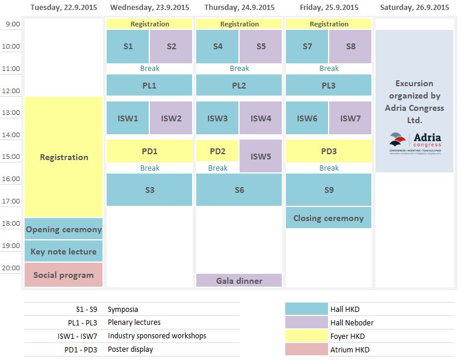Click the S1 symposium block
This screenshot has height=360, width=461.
pos(128,46)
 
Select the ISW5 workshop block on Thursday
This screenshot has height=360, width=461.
pos(261,156)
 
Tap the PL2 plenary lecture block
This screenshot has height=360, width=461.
pos(239,85)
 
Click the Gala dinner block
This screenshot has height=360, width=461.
pos(239,280)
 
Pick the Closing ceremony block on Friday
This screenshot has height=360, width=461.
pos(329,218)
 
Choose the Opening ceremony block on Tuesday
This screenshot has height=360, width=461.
pos(64,229)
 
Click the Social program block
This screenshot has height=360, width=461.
pos(64,274)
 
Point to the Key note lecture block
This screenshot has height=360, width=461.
pos(64,251)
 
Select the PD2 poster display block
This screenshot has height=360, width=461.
pos(217,151)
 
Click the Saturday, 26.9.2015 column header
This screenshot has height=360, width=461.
pos(415,8)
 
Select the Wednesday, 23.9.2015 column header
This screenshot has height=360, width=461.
pos(149,8)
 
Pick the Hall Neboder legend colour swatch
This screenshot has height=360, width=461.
pos(306,322)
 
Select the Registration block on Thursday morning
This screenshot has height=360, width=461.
pos(239,24)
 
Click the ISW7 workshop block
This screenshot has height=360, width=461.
pos(350,118)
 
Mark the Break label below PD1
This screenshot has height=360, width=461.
pos(149,168)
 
